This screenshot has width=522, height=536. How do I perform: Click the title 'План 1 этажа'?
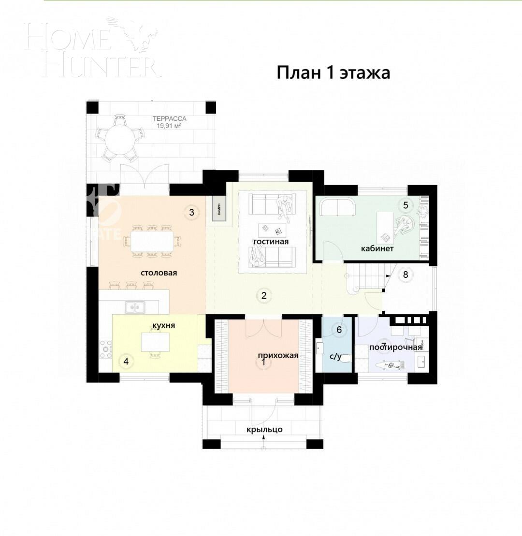point(333,73)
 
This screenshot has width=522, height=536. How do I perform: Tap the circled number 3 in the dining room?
point(191,212)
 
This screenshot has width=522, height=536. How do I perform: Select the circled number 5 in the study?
point(406,205)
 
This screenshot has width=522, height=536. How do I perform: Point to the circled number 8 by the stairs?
point(406,275)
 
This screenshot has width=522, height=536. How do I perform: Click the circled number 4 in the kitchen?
point(126,361)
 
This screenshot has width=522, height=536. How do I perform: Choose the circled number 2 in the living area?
point(264,295)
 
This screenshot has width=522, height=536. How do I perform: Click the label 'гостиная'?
point(271,241)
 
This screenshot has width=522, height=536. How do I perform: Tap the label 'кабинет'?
point(377,248)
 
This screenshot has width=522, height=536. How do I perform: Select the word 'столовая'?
point(159,273)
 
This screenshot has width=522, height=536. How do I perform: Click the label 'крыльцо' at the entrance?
point(264,429)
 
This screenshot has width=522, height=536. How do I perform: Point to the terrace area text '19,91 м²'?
point(169,126)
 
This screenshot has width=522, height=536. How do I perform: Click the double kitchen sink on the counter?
point(135,306)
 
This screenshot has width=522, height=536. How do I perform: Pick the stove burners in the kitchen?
point(105,349)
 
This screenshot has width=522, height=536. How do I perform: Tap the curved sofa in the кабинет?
point(337,207)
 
